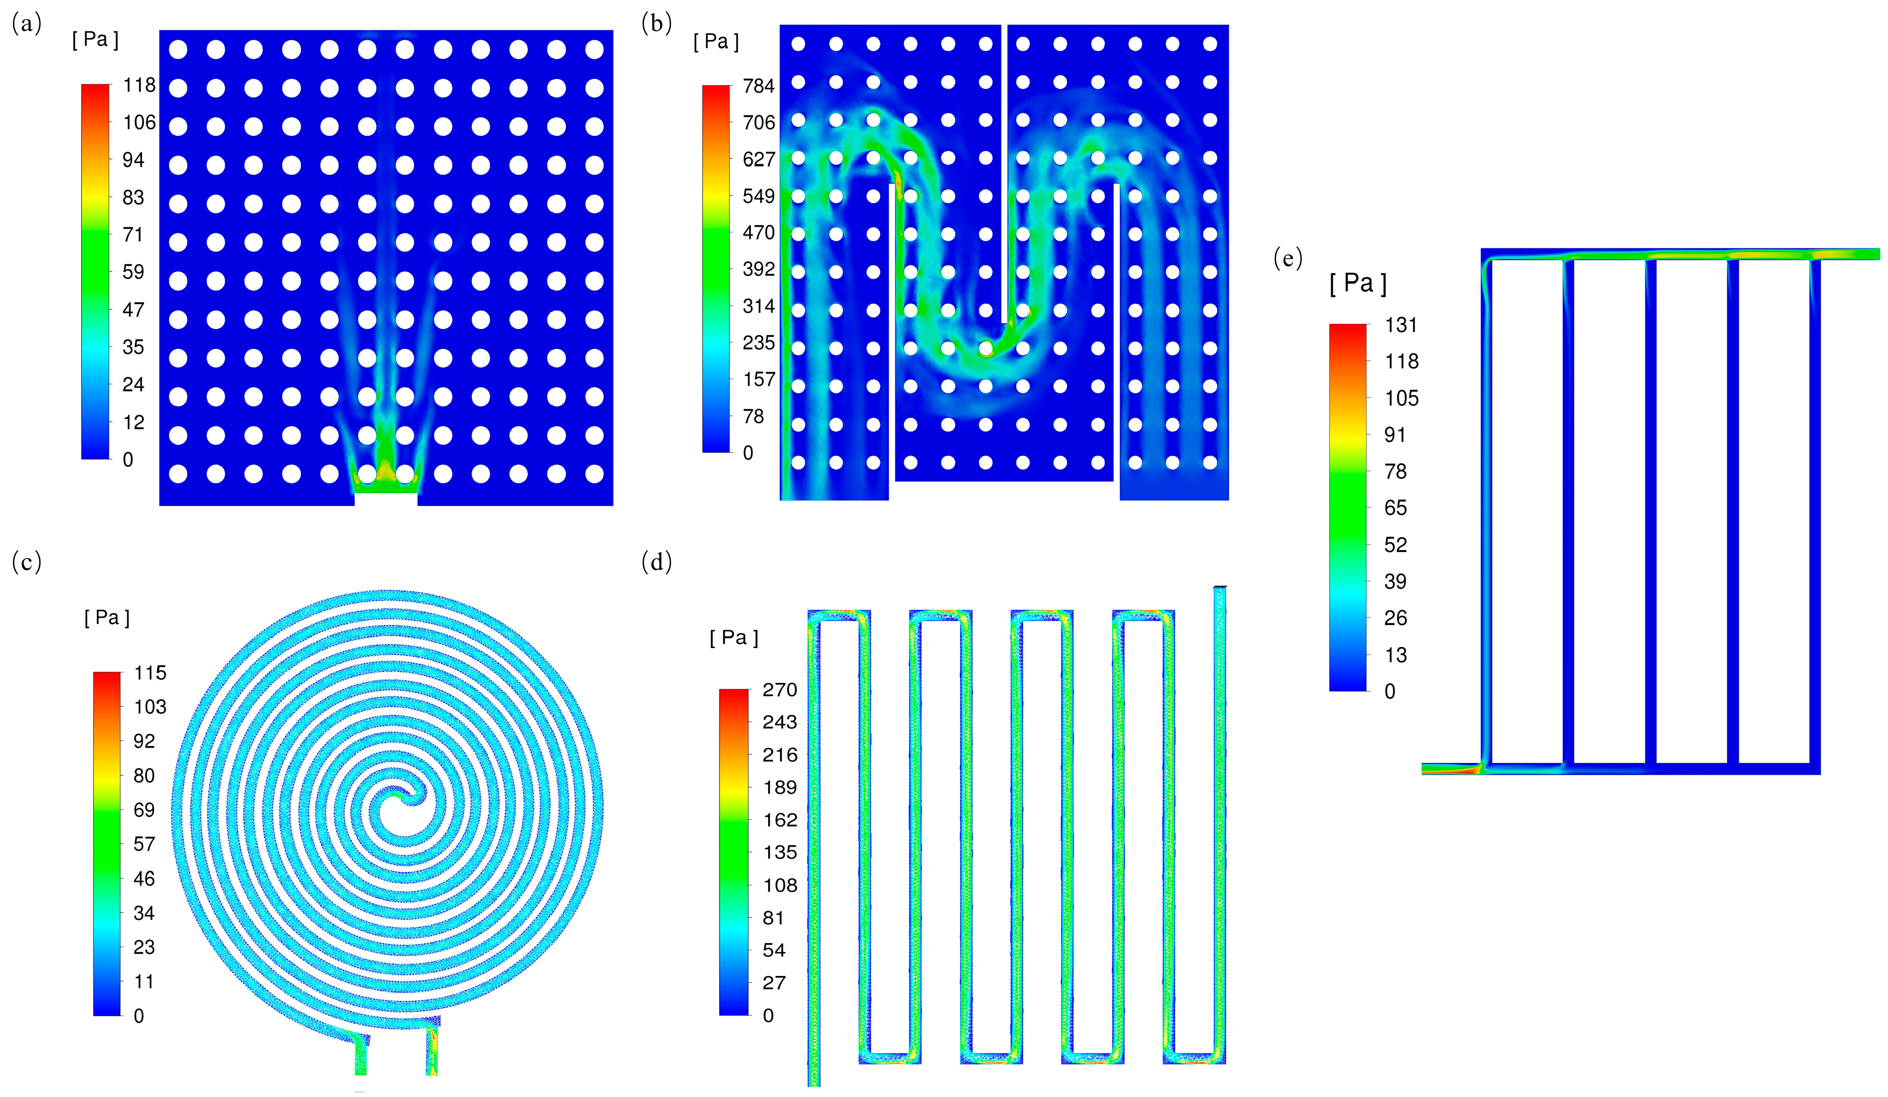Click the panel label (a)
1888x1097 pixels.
point(26,25)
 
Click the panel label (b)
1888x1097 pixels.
point(656,25)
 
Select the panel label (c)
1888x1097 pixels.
point(26,561)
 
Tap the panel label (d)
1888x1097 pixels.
point(656,561)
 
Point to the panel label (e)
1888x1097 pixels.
point(1288,259)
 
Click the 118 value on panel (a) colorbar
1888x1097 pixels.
point(140,85)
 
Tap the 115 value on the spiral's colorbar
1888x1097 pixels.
point(150,673)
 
